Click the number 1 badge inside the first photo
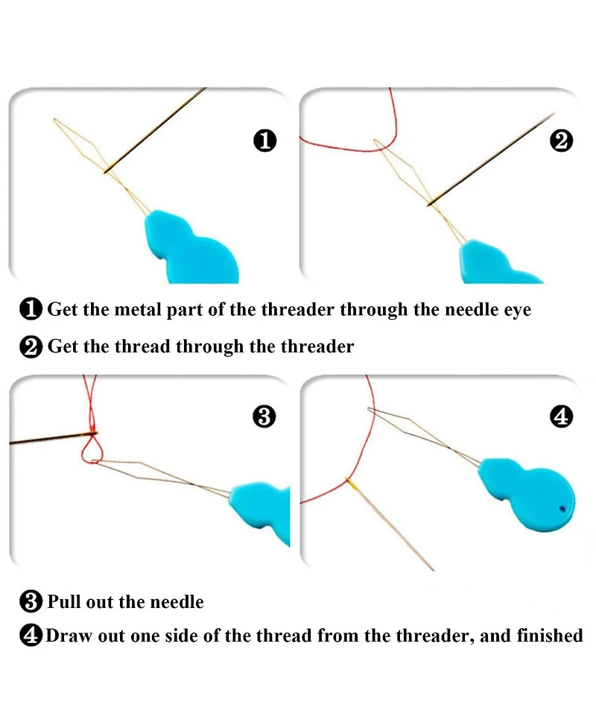pos(265,141)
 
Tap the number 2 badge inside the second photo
pos(561,141)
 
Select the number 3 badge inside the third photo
pos(264,416)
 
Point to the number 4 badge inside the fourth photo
pos(561,416)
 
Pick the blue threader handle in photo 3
pos(262,508)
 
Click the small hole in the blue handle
pos(563,509)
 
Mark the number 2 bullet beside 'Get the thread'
pos(31,346)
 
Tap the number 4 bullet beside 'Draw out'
pos(31,636)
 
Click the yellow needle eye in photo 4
pos(351,484)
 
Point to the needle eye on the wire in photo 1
pos(107,171)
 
